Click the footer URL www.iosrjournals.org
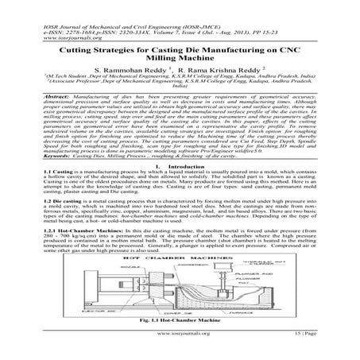(x=180, y=348)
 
